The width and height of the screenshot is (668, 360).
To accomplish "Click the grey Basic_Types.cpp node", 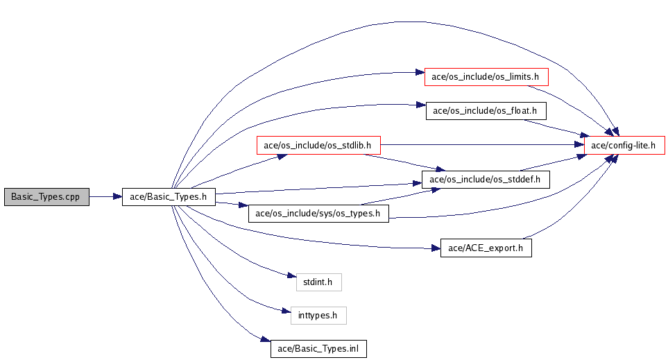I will click(46, 197).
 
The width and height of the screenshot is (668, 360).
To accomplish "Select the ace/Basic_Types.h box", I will click(169, 197).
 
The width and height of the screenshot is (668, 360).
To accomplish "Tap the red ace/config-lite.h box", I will click(625, 146).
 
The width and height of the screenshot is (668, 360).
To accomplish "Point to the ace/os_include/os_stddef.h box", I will click(480, 180).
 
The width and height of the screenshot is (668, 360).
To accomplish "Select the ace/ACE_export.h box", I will click(486, 248).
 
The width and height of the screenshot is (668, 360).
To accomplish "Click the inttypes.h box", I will click(318, 316).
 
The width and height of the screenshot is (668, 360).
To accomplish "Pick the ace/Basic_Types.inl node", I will click(318, 348).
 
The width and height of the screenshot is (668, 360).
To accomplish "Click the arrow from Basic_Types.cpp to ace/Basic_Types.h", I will click(105, 197).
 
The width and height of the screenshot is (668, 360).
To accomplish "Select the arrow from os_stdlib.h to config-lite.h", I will click(479, 146).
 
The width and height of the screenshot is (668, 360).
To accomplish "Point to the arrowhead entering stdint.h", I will click(291, 277).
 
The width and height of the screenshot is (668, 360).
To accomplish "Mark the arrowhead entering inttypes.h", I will click(286, 311).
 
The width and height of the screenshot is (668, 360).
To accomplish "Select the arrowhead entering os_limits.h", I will click(420, 72).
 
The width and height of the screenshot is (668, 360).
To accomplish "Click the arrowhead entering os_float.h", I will click(420, 105).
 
